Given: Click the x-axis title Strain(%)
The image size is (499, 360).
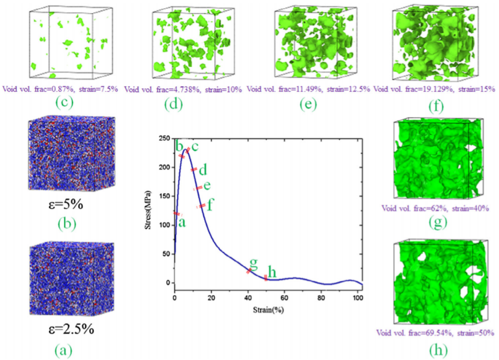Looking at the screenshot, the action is point(268,310).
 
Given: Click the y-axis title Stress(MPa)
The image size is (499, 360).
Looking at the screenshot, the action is point(148,210).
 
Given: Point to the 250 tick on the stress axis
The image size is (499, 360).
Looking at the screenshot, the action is point(165,139).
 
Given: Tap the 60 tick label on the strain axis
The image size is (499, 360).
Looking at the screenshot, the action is point(284,298).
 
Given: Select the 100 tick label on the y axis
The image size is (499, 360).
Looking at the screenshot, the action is point(165,225).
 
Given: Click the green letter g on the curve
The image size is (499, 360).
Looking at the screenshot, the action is point(253,262).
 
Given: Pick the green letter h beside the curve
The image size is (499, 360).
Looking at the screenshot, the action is point(272,272).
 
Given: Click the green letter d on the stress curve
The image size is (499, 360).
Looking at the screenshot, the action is point(203,170).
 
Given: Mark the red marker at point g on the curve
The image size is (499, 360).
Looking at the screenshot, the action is point(249,271).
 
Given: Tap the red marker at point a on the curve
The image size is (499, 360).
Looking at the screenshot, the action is point(176,214).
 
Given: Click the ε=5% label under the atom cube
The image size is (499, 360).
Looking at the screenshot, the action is point(66,204).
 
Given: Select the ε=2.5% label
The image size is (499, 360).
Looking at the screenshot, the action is point(71,329).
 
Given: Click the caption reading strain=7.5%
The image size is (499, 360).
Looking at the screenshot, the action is point(99,89).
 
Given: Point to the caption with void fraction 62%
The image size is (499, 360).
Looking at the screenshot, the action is point(435,208).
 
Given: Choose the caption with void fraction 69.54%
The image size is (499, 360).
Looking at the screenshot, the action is point(435,333).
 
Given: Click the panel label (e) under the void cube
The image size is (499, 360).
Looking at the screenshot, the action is point(308,104).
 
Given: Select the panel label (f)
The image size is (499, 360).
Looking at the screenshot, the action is point(436,106).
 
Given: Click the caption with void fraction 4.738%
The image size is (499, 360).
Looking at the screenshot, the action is point(183,89).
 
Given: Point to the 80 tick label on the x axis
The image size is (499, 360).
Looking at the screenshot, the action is point(321,298).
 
